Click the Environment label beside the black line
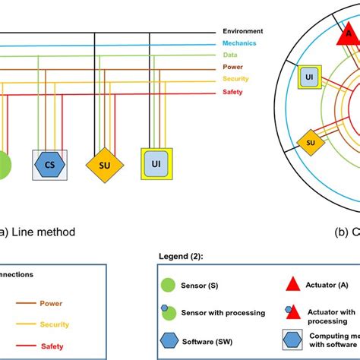242,31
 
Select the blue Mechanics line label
239,43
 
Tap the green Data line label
231,55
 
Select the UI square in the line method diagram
156,163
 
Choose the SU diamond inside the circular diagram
310,141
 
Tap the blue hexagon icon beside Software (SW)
168,339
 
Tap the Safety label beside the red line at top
233,92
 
